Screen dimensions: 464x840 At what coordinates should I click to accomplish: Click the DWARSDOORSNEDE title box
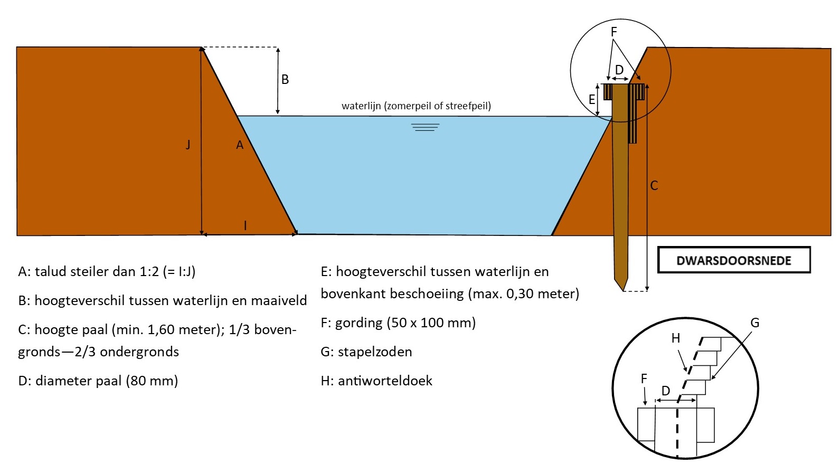pos(733,260)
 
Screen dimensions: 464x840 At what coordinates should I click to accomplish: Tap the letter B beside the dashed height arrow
pos(285,80)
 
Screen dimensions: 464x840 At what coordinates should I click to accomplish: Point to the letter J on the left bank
pos(188,144)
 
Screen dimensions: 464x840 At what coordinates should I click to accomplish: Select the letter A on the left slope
pos(240,145)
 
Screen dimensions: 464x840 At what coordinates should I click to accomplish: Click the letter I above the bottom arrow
pos(246,226)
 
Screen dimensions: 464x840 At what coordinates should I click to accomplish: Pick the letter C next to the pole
pos(654,186)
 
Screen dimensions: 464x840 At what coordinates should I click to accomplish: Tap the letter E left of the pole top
pos(592,99)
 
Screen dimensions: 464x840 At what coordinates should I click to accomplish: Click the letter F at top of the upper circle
pos(614,32)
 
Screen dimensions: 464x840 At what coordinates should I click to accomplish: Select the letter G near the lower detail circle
pos(754,323)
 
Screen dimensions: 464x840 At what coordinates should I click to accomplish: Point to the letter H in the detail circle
pos(676,338)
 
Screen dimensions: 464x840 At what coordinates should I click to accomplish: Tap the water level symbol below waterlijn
pos(425,127)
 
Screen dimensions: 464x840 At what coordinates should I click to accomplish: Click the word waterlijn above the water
pos(361,106)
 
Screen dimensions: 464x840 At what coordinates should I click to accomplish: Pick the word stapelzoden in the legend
pos(375,352)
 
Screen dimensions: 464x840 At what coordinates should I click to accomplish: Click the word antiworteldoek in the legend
pos(385,381)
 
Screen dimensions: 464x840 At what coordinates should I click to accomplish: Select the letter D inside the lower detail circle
pos(666,391)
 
